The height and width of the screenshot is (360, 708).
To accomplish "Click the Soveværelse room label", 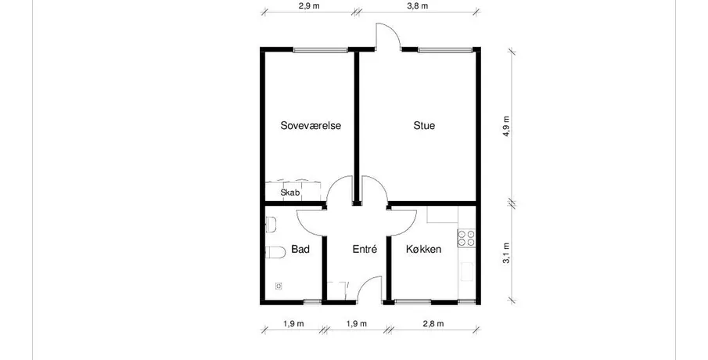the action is pos(311,125).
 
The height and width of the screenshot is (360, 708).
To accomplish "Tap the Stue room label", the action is pos(424,125).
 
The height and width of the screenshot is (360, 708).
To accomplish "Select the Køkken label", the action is pos(423,249).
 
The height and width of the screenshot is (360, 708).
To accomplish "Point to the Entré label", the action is pos(365,249).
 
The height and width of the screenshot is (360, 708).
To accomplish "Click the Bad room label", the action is pos(300,249).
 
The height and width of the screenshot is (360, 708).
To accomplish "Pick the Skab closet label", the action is pos(290,193).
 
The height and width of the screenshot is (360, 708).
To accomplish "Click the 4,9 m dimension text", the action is pos(506,127).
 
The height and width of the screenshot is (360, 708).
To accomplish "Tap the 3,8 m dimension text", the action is pos(417,6).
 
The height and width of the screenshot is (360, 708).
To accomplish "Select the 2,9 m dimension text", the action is pos(309,6).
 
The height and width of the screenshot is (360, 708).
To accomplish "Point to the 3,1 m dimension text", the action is pos(506,254).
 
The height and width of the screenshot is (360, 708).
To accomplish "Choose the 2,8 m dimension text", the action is pos(433,323).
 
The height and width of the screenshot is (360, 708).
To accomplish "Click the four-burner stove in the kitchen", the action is pos(466,238).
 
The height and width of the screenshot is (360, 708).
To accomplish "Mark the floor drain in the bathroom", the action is pos(279,286).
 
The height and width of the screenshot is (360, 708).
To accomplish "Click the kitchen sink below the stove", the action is pos(466,272).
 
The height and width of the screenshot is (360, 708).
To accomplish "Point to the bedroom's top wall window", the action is pos(321,49).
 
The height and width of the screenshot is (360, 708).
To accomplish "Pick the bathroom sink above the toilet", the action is pos(270,225).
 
